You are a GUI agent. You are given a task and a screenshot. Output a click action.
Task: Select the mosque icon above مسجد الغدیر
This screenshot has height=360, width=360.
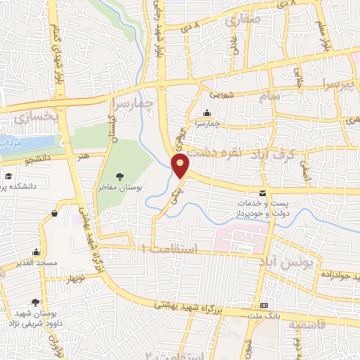(36, 252)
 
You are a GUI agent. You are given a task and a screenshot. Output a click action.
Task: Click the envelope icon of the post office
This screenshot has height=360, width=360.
(262, 193)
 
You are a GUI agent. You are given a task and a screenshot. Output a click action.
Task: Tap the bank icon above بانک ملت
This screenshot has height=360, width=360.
(264, 305)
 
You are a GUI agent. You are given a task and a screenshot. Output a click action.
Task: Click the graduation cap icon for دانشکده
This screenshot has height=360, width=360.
(8, 176)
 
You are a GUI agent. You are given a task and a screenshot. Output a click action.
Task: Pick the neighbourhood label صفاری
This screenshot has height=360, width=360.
(242, 20)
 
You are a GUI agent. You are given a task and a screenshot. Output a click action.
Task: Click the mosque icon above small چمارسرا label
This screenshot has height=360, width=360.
(207, 113)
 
